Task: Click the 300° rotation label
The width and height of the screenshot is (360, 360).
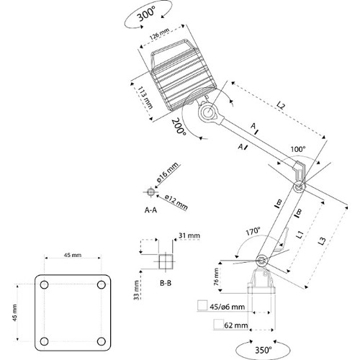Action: [x=146, y=13]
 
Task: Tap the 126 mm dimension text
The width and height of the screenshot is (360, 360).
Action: [x=160, y=34]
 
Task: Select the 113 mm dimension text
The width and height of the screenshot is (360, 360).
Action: [x=145, y=98]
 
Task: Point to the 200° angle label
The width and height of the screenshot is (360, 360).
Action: [x=179, y=127]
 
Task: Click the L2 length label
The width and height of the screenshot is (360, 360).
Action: [x=280, y=105]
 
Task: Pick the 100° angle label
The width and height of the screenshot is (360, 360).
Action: [x=298, y=149]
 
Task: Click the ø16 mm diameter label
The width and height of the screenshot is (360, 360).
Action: [x=168, y=172]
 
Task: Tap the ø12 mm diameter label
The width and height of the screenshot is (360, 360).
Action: [x=176, y=202]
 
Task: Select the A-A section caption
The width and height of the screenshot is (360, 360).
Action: [x=150, y=210]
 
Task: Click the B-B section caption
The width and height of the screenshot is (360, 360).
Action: [x=166, y=283]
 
